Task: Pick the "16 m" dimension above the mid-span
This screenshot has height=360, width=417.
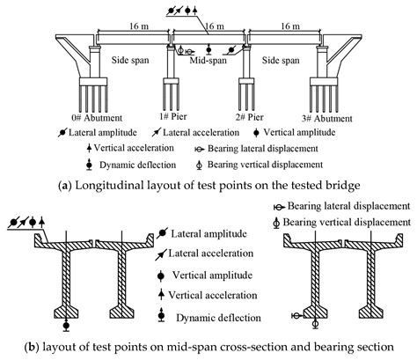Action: tap(212, 28)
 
